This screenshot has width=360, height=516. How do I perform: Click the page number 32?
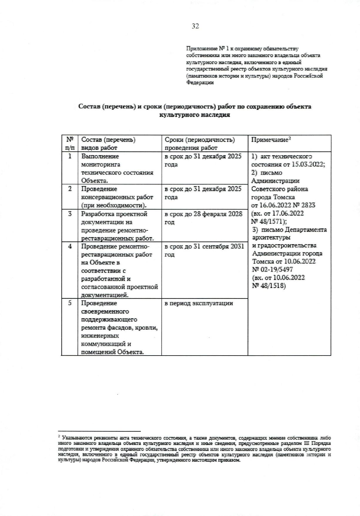(x=195, y=26)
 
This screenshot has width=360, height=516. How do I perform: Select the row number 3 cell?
(x=70, y=214)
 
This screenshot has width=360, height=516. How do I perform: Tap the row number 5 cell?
(x=70, y=303)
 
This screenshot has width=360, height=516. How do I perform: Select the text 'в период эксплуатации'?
(x=199, y=303)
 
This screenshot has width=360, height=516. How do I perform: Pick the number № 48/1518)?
(x=269, y=285)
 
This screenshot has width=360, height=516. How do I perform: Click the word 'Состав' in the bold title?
(x=89, y=106)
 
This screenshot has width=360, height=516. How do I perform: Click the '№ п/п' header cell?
(x=70, y=143)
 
